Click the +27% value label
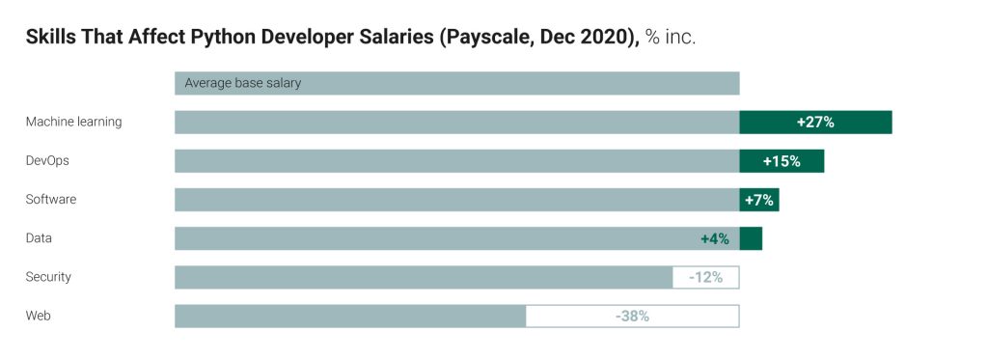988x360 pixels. (815, 123)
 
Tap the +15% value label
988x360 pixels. (782, 161)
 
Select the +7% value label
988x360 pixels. (759, 200)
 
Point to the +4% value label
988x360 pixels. (715, 238)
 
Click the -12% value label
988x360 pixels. (705, 277)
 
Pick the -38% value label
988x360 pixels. (632, 316)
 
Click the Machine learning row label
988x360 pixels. (73, 122)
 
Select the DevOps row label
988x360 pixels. (47, 161)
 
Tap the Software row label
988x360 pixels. (51, 200)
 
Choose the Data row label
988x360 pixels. (39, 238)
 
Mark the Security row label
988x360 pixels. (48, 277)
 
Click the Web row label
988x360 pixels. (38, 316)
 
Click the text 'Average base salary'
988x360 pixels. (243, 83)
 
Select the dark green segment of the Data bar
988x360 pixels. (751, 238)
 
